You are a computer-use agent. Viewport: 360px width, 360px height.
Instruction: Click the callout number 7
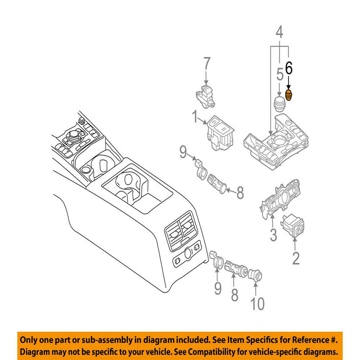206,66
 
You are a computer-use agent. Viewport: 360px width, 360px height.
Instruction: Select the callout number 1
195,117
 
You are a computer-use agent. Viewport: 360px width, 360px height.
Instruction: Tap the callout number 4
279,34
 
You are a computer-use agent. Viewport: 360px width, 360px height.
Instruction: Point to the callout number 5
280,76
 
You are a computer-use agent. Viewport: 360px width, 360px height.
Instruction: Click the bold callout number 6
289,68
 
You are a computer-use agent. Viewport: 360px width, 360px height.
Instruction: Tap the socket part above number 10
255,276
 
